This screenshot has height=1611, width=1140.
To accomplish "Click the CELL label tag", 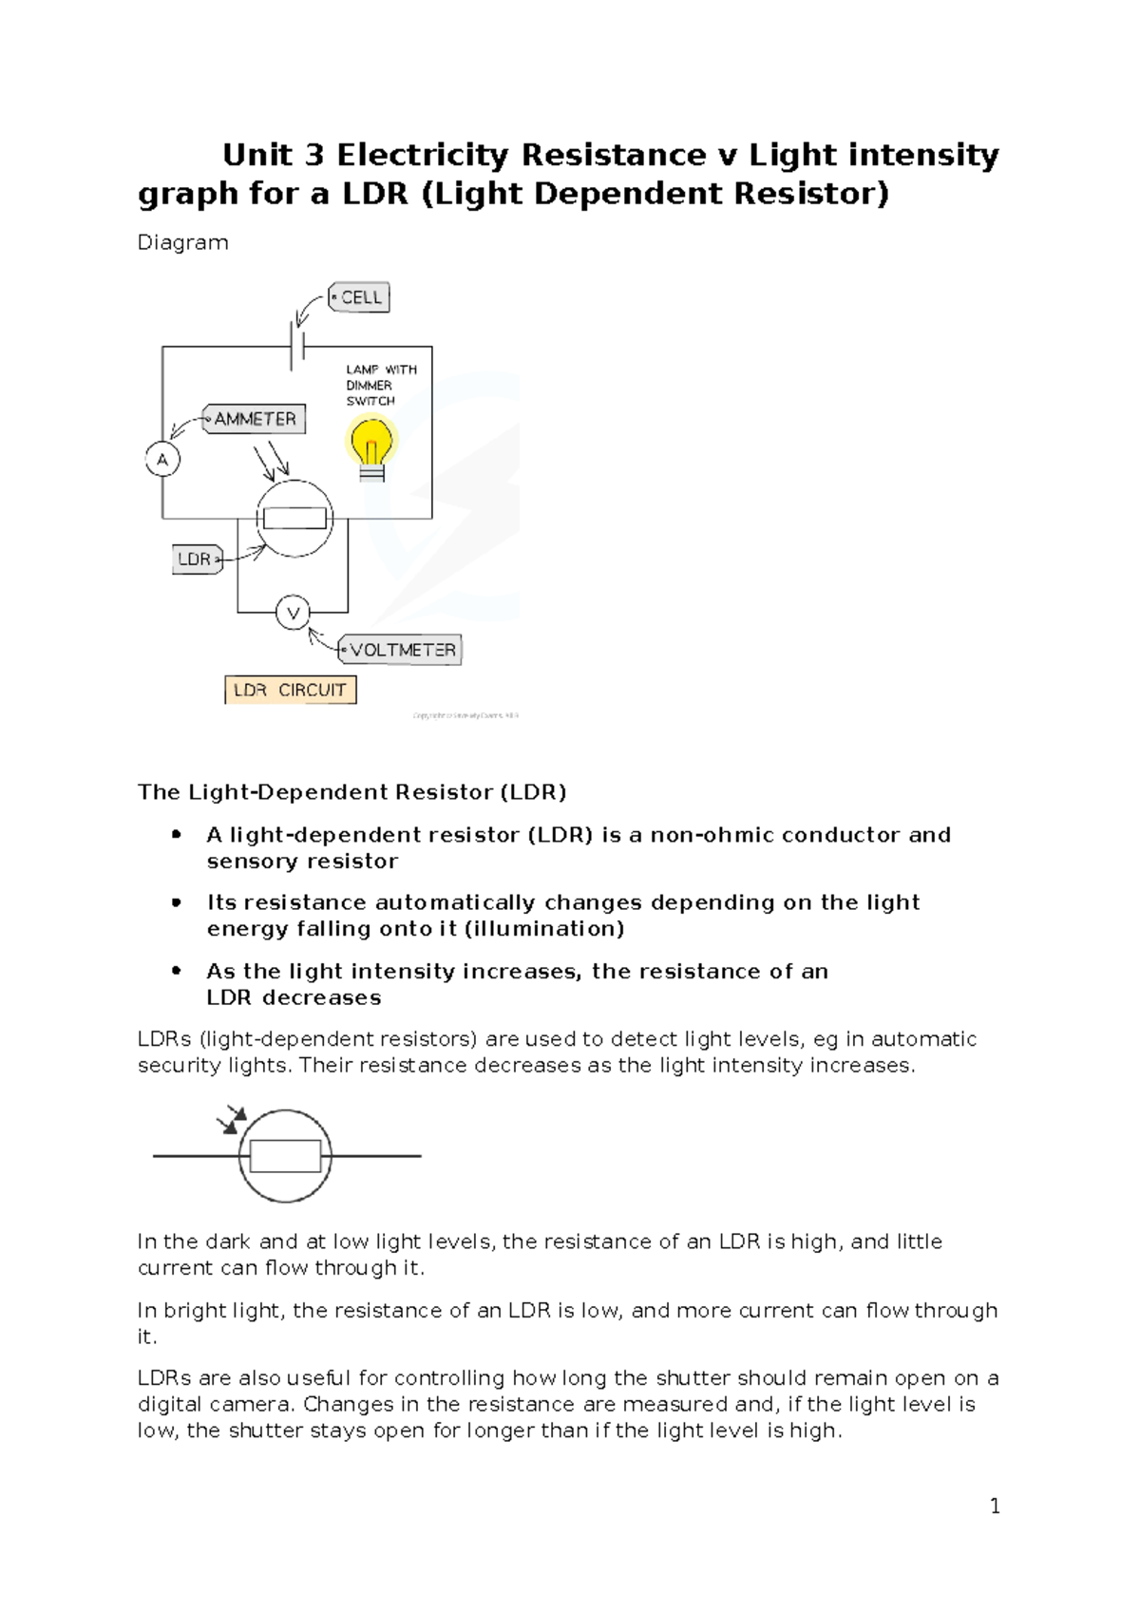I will [359, 297].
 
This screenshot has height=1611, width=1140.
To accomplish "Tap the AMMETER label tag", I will [255, 419].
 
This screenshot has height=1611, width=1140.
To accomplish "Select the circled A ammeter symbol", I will [162, 460].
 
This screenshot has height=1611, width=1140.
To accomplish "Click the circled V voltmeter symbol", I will [293, 614].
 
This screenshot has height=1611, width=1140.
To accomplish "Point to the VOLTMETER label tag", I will [401, 651].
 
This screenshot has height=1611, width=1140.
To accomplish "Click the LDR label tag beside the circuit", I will [197, 559].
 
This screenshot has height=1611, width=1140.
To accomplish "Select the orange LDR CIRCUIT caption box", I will [291, 690].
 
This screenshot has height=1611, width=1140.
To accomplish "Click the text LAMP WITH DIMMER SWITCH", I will [380, 385].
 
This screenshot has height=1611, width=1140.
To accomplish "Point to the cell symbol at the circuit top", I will [297, 347].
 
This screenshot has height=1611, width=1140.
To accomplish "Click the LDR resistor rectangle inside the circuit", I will [294, 518].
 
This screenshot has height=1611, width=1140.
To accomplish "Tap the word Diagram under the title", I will [183, 242].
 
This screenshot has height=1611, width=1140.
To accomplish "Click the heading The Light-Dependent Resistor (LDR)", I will [351, 792].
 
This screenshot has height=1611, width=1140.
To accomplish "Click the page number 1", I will [995, 1506].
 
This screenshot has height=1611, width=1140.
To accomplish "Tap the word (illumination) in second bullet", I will [543, 928].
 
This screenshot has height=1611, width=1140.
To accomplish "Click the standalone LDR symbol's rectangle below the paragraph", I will [285, 1156].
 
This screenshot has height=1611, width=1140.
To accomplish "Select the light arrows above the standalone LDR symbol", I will [232, 1119].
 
